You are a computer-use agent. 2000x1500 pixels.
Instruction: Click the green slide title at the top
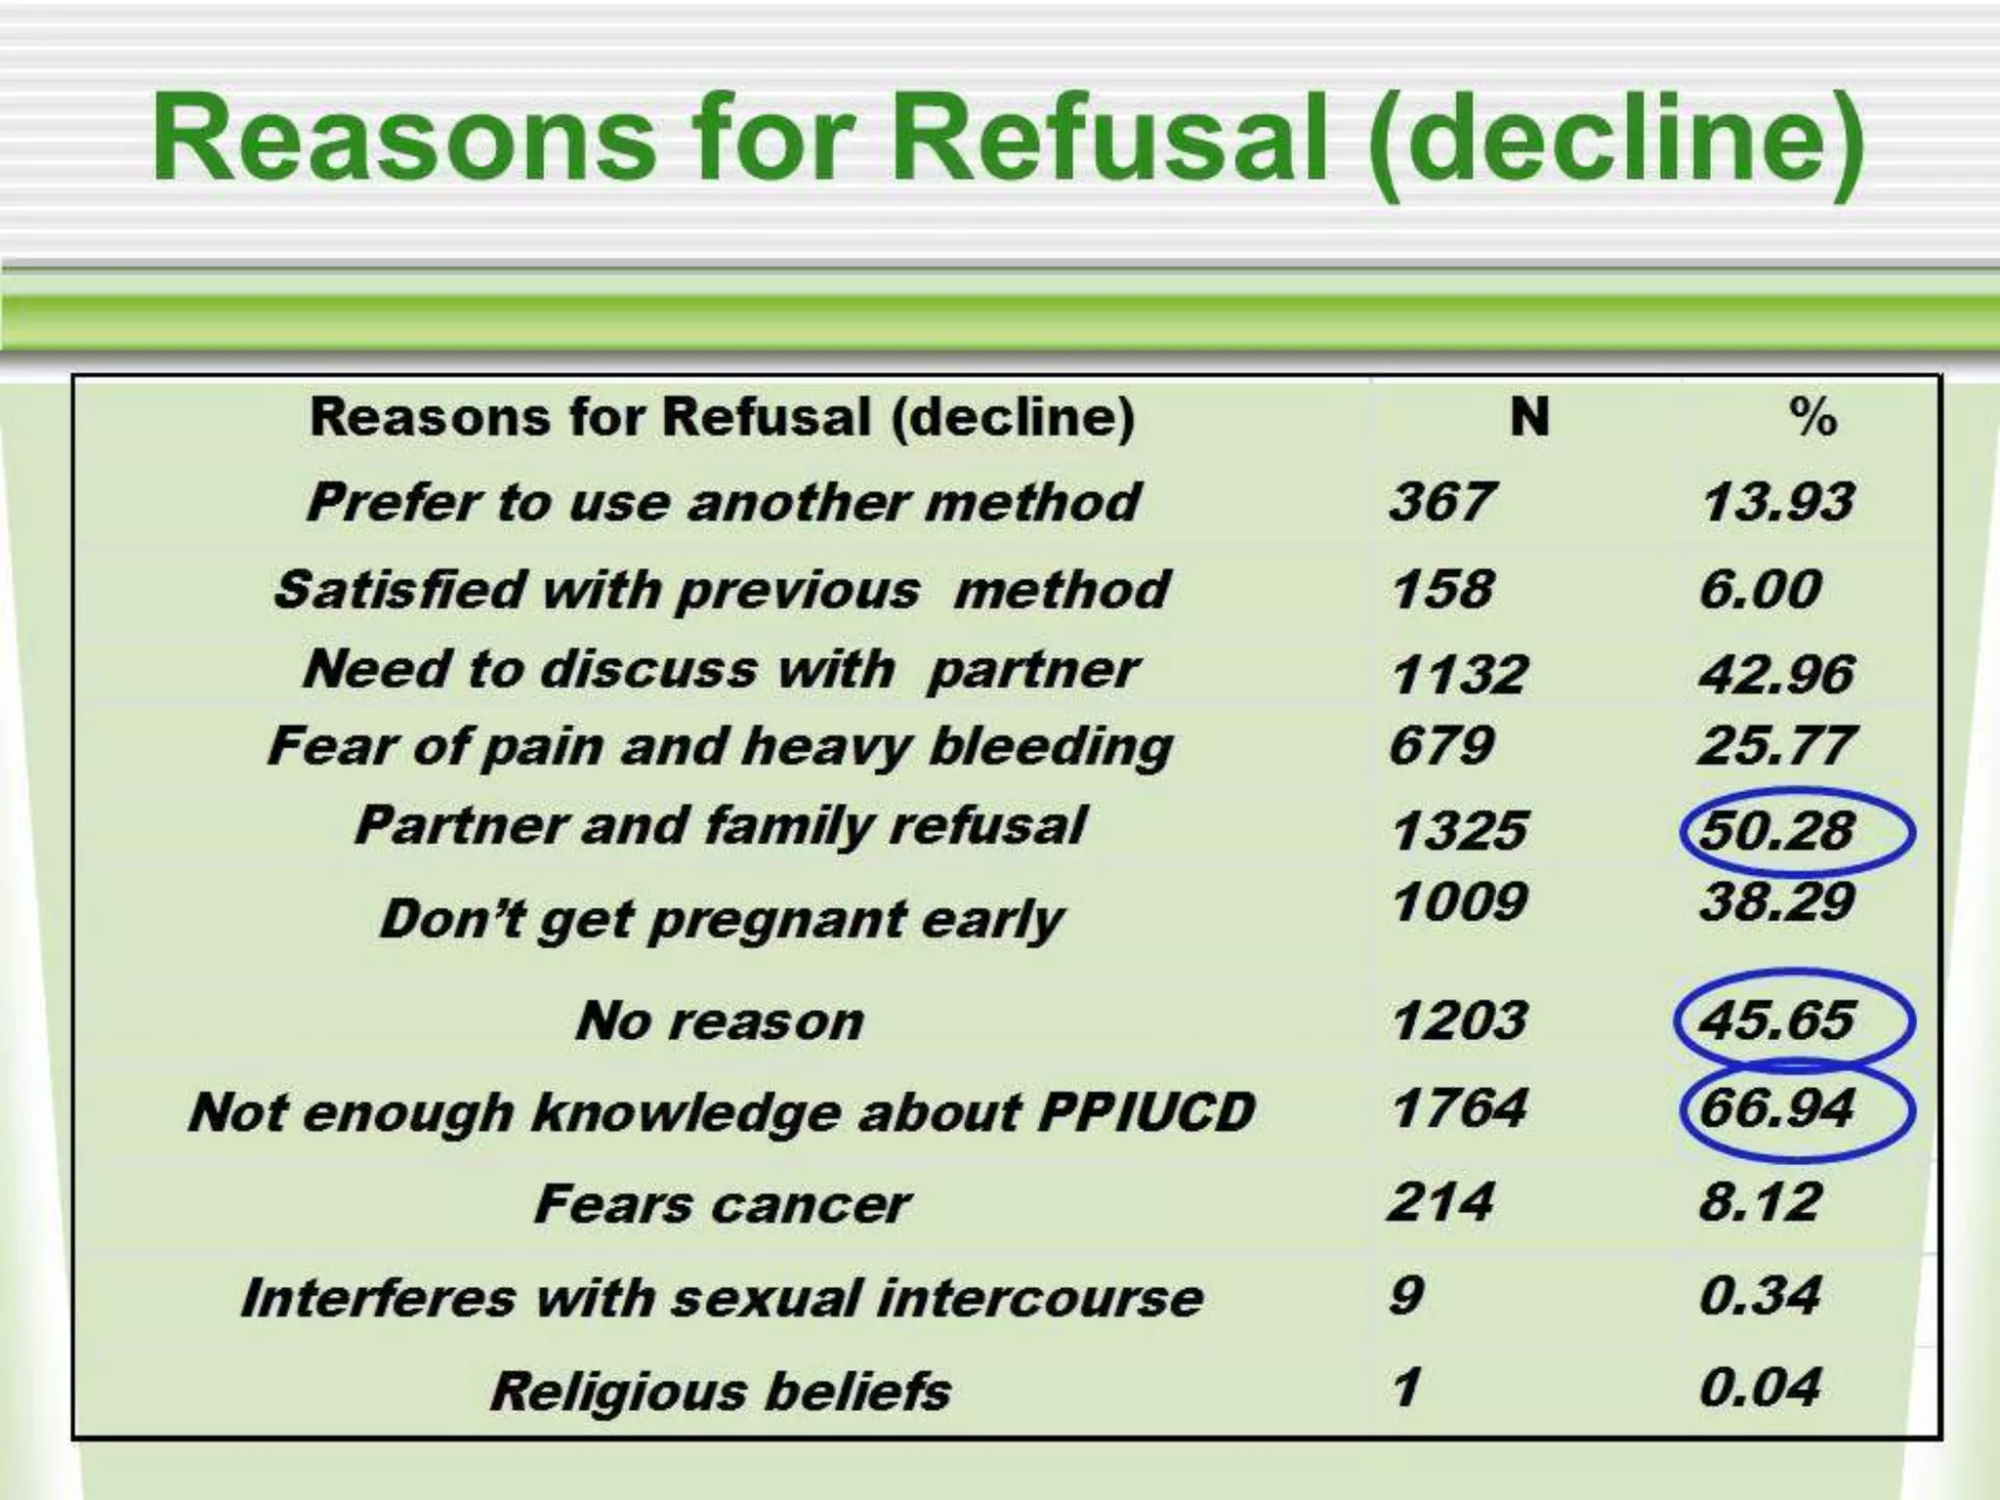[1008, 140]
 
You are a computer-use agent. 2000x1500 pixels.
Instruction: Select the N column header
[1529, 418]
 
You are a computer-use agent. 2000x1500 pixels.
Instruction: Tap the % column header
[1812, 418]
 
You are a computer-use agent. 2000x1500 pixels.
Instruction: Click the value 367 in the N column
[1441, 502]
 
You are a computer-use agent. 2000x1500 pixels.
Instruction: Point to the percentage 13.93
[1777, 502]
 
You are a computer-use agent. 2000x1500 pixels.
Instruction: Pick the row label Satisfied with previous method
[721, 590]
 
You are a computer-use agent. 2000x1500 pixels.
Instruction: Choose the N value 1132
[1459, 674]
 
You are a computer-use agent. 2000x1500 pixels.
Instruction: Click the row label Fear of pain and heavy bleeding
[721, 747]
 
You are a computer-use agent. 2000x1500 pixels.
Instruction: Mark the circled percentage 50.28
[1777, 831]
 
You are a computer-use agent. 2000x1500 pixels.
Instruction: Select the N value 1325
[1459, 831]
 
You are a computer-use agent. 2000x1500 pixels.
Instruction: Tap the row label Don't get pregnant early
[721, 920]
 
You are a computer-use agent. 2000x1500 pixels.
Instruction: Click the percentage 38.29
[1777, 901]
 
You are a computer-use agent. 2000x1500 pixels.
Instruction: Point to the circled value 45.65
[1777, 1021]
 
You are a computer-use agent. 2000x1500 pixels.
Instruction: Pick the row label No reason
[721, 1021]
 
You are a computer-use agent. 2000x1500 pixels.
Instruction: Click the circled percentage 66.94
[1777, 1108]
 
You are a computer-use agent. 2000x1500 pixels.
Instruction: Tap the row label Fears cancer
[721, 1204]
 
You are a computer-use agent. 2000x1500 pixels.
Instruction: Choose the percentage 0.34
[1760, 1296]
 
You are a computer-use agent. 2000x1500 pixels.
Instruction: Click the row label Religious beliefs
[721, 1391]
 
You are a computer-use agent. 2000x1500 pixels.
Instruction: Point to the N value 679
[1441, 747]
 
